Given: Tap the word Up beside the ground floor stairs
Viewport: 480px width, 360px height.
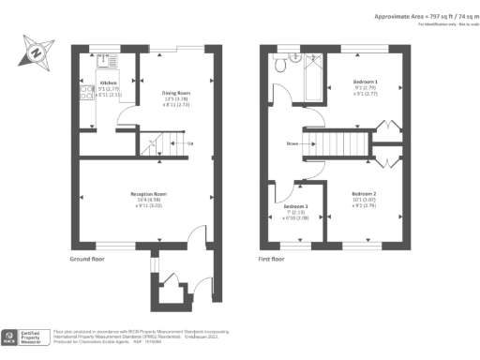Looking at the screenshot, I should tap(191, 143).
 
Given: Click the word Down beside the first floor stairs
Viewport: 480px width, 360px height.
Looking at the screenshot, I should tap(292, 144).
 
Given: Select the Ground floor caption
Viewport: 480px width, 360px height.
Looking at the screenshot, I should tap(86, 259).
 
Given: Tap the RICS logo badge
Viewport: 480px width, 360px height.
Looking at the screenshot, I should tap(14, 335).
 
